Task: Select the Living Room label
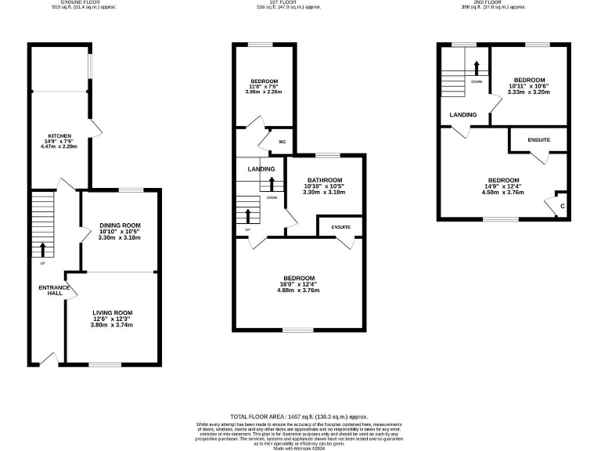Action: tap(113, 312)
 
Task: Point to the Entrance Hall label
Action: tap(55, 290)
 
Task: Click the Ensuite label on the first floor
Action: tap(340, 227)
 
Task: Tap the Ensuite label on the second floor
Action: tap(538, 140)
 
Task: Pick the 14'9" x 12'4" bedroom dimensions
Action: tap(502, 191)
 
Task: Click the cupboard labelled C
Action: tap(562, 206)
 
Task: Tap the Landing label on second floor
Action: tap(463, 115)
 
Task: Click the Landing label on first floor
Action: tap(261, 169)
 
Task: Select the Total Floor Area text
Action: tap(298, 417)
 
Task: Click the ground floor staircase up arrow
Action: tap(42, 249)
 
